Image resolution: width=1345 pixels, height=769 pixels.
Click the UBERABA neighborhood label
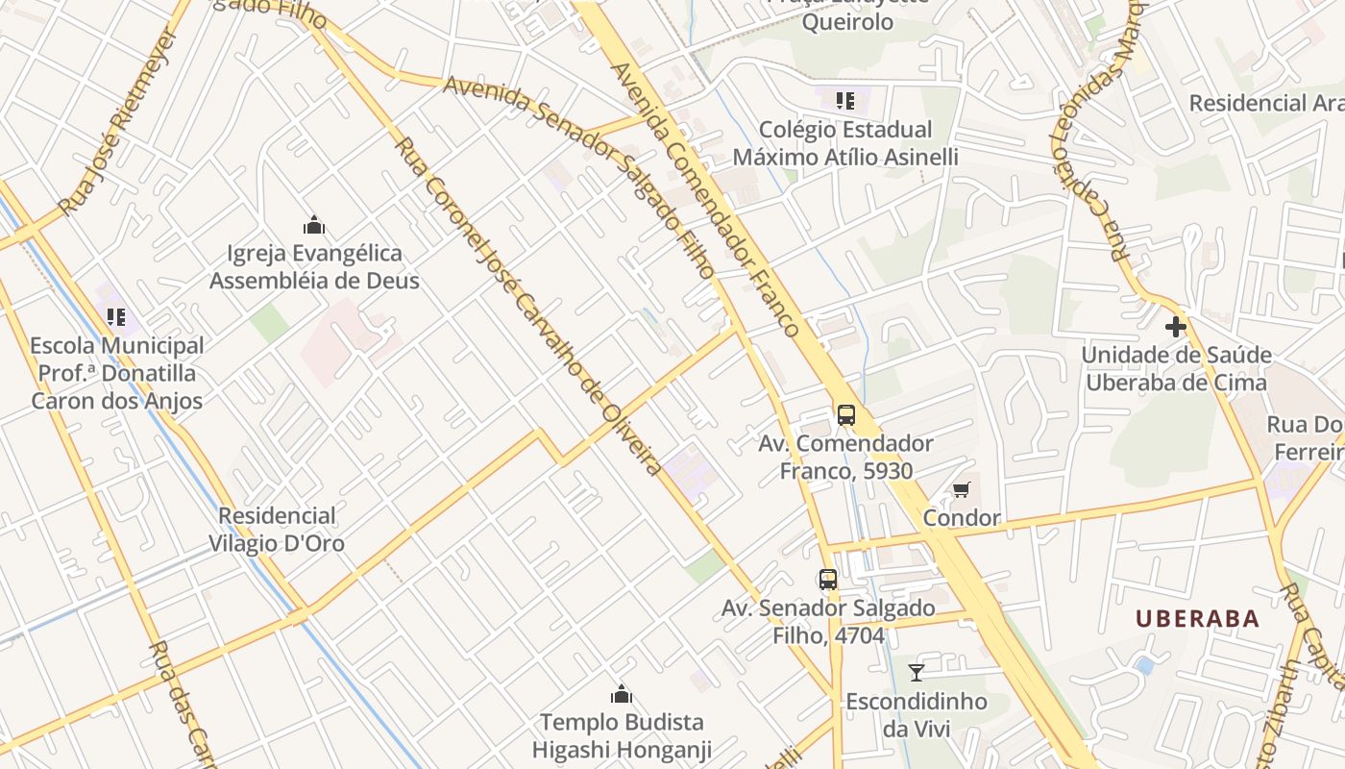click(x=1197, y=618)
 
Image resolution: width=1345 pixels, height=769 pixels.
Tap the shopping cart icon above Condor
click(x=961, y=490)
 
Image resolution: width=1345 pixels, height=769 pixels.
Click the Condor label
click(x=961, y=518)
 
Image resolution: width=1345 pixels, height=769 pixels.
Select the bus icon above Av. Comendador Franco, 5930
click(x=845, y=415)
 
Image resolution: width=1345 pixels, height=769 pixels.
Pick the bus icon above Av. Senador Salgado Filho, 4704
click(x=828, y=580)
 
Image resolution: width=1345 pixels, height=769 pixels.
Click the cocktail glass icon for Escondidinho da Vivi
click(x=917, y=673)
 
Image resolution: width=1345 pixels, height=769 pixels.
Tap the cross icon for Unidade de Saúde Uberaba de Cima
click(x=1175, y=327)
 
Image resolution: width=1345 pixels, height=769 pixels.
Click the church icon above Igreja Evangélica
click(x=314, y=225)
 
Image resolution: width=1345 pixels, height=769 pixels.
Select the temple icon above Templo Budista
click(x=622, y=694)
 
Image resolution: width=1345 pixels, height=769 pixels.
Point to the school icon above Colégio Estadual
click(x=845, y=101)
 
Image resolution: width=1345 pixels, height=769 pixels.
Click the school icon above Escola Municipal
click(x=116, y=316)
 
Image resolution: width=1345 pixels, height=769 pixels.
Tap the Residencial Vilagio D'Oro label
click(x=277, y=530)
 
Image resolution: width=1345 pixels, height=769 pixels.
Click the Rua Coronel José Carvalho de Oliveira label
click(x=528, y=307)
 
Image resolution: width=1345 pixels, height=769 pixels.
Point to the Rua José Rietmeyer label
click(x=118, y=122)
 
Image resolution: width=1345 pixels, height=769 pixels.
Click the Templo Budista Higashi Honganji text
click(x=622, y=735)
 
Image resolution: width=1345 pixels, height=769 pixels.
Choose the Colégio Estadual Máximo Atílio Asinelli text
click(x=845, y=143)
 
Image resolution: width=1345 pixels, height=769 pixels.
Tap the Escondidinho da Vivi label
click(x=916, y=715)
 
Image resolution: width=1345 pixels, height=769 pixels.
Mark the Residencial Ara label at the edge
click(x=1265, y=103)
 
